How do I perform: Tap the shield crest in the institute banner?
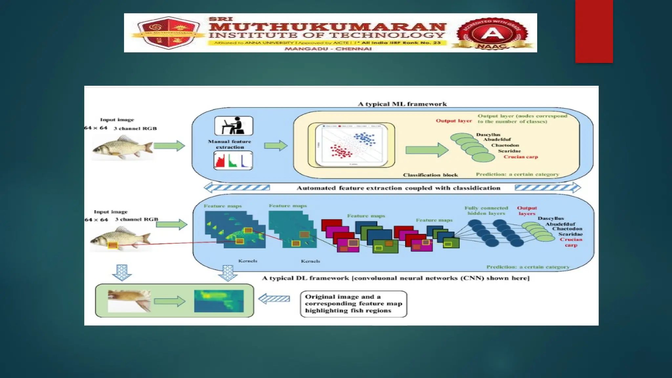168,33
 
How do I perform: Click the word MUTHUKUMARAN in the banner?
327,27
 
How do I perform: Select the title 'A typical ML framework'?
402,104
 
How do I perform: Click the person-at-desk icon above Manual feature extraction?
234,126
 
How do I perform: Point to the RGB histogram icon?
233,160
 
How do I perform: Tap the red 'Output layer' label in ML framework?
453,121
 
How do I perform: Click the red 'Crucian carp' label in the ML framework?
521,157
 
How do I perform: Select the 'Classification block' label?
430,175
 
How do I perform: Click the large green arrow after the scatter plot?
427,150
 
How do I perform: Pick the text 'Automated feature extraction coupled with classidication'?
398,188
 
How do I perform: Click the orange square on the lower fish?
113,245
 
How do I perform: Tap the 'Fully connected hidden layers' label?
486,210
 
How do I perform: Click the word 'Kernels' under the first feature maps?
248,261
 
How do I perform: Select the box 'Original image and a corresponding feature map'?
353,304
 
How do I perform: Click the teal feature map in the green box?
219,301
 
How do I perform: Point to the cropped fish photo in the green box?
129,301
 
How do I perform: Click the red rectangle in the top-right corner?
594,31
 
